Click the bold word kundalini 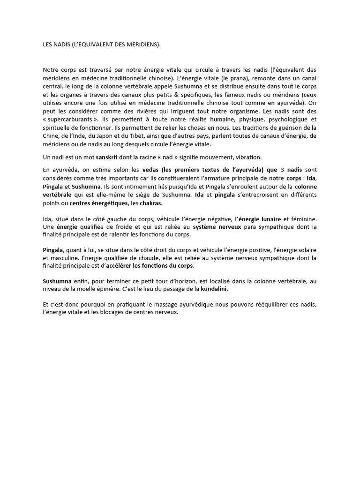(x=216, y=289)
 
